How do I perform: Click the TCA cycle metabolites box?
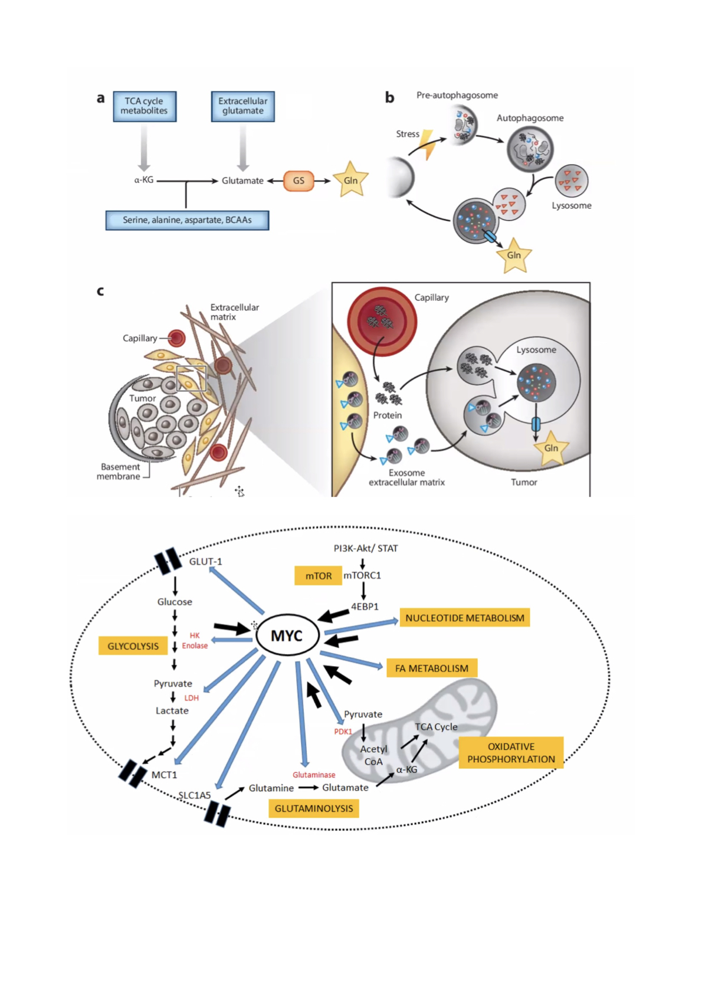coord(145,106)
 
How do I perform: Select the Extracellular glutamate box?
coord(242,106)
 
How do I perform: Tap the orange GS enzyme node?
coord(298,181)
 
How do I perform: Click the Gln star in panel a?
coord(350,180)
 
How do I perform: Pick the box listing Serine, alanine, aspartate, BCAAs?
coord(187,220)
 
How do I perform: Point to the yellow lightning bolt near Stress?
coord(428,144)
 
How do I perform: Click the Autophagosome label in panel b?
coord(530,118)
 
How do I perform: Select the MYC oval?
coord(287,635)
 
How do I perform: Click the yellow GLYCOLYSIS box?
coord(133,646)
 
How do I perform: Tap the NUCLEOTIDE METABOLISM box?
coord(464,618)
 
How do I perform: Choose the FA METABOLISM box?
coord(431,668)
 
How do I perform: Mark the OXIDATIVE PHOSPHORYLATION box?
coord(511,753)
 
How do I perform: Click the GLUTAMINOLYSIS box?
coord(313,808)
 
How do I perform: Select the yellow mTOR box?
coord(318,576)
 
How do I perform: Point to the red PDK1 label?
coord(343,732)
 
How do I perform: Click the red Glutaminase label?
coord(314,775)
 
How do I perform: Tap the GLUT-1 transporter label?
coord(205,561)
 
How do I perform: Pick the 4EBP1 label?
coord(365,607)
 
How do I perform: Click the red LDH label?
coord(192,698)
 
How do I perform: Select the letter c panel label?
coord(100,290)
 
